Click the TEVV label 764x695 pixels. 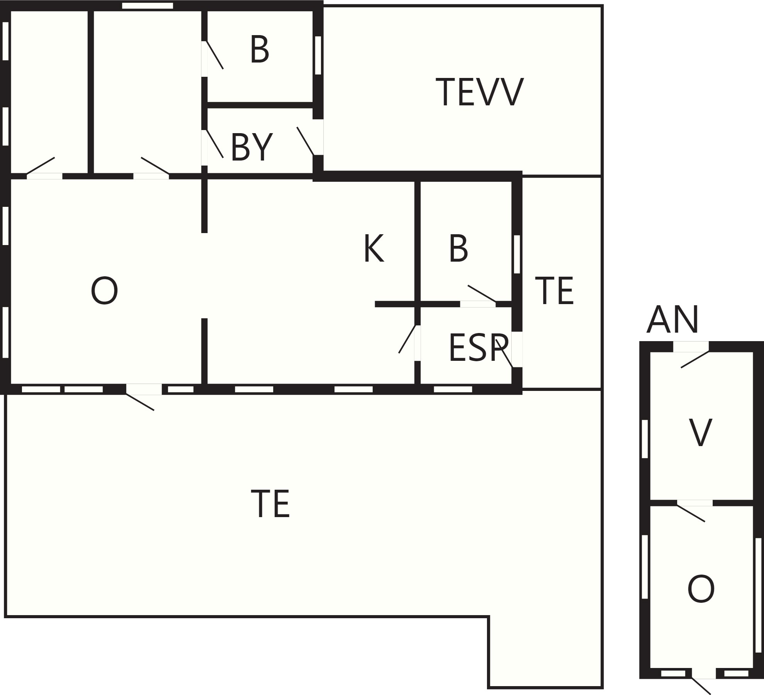point(480,92)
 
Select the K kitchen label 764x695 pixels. point(374,249)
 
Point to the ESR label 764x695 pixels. point(478,348)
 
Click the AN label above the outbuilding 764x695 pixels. point(673,320)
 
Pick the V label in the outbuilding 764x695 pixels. point(700,433)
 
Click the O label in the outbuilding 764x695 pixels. point(701,600)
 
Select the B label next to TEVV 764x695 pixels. point(259,50)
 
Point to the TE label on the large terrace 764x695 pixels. point(270,504)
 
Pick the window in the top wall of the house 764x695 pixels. point(147,6)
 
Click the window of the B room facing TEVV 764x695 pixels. point(318,55)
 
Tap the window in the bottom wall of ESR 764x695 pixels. point(453,389)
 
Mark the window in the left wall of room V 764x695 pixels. point(644,439)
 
